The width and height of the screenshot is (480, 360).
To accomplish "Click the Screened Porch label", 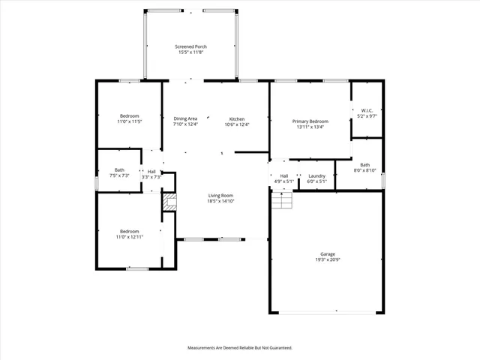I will coord(190,46).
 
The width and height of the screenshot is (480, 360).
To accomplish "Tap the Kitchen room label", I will coord(237,119).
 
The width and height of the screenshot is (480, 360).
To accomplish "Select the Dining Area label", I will coord(185,119).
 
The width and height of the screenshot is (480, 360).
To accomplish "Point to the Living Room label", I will coord(221,196).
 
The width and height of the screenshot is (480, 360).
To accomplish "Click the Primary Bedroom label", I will coord(310,121).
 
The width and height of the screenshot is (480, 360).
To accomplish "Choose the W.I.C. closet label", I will coord(367,111).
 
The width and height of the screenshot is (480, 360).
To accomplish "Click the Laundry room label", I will coord(316,175).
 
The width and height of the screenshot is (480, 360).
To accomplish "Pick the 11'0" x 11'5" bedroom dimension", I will coord(130,121).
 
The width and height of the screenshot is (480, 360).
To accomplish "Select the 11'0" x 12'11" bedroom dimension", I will coord(130,237).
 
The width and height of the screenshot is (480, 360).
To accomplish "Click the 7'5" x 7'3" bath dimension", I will coord(120,175).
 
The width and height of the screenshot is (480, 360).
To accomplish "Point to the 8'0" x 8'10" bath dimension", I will coord(365,170).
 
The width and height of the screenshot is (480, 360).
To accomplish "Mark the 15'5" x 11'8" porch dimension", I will coord(190,52).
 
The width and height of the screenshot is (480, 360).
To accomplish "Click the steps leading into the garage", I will coord(280,200).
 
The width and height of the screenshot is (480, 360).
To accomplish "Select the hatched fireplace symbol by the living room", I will coord(169,201).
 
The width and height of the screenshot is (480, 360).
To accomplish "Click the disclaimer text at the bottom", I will coord(239,348).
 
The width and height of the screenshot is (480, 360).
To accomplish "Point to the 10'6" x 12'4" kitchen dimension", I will coord(237,125).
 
